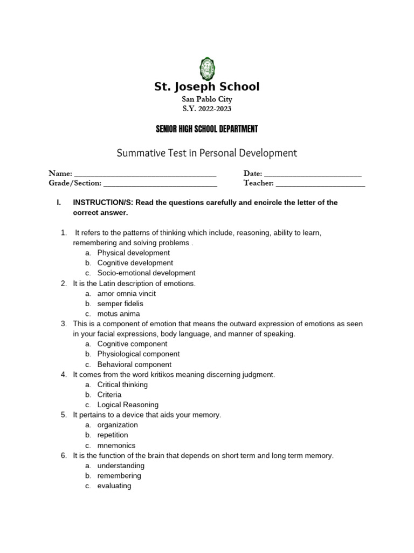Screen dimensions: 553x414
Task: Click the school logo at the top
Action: (207, 69)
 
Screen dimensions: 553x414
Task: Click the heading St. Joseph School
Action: (207, 87)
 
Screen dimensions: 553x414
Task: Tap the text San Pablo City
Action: (207, 100)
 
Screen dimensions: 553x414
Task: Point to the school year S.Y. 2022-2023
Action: (207, 109)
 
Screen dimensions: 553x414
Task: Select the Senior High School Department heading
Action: (207, 129)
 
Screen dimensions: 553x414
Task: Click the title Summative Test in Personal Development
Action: (207, 153)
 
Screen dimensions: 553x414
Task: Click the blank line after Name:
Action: (145, 174)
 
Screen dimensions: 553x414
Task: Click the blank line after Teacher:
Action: (320, 184)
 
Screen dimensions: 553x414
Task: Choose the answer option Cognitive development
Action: (135, 263)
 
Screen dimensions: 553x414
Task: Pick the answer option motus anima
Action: (119, 314)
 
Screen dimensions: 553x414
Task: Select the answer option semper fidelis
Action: (120, 304)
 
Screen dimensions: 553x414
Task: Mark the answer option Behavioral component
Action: (134, 365)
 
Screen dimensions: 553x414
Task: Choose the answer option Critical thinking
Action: (122, 385)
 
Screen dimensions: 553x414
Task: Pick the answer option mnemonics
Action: (116, 446)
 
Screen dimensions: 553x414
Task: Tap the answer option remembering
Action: (119, 476)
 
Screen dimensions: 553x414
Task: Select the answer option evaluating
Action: (114, 486)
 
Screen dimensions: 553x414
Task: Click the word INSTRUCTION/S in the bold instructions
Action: (103, 203)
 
